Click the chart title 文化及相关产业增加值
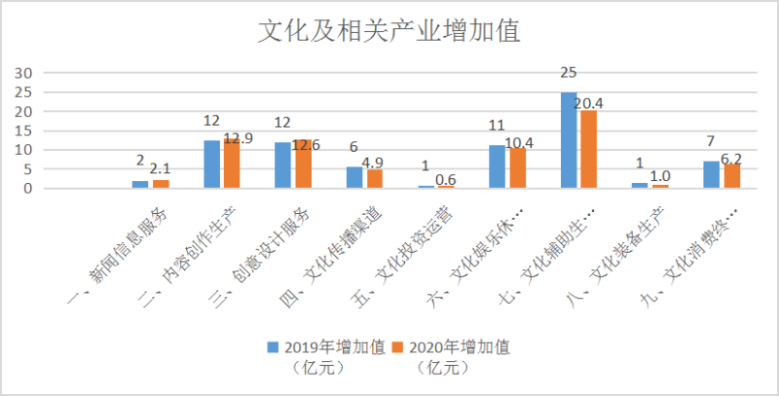pyautogui.click(x=389, y=31)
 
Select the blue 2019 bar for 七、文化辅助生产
pyautogui.click(x=569, y=140)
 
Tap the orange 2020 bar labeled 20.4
pyautogui.click(x=588, y=149)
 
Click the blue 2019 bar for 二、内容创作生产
pyautogui.click(x=212, y=164)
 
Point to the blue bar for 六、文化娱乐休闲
pyautogui.click(x=498, y=166)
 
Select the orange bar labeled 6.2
pyautogui.click(x=730, y=176)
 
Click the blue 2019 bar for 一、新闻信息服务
pyautogui.click(x=141, y=184)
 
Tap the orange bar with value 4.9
pyautogui.click(x=374, y=179)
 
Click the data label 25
pyautogui.click(x=570, y=73)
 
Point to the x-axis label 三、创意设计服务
pyautogui.click(x=273, y=249)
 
